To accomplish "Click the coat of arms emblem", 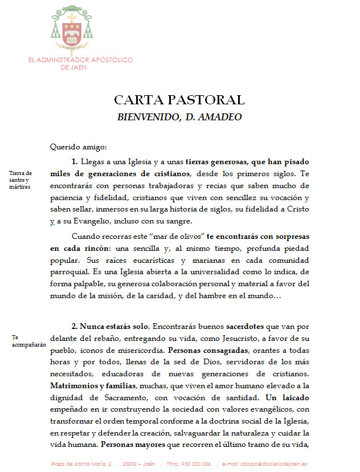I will click(72, 29).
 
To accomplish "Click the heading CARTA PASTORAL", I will click(179, 100).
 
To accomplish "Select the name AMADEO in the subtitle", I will click(220, 117).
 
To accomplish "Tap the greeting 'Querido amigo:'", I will click(74, 147).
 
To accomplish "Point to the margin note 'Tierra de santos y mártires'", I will click(21, 180).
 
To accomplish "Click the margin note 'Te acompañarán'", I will click(27, 340).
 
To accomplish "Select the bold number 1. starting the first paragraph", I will click(75, 161).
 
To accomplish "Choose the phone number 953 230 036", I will click(195, 463).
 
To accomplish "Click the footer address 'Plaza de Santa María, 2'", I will click(81, 463).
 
